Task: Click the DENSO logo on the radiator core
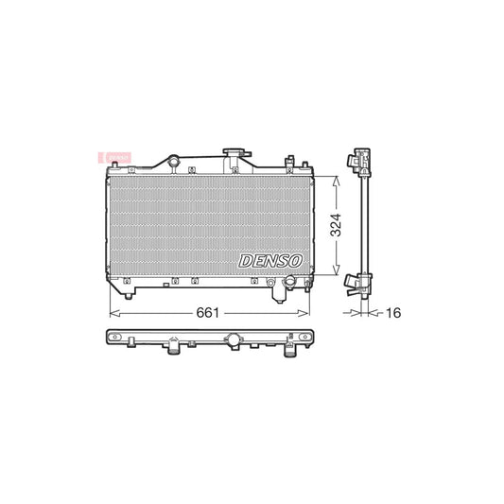click(x=270, y=259)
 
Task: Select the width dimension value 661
click(x=210, y=310)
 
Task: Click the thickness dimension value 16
click(x=391, y=311)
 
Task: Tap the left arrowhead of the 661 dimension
click(x=114, y=310)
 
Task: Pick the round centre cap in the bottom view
click(x=233, y=340)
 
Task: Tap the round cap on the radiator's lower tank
click(x=293, y=281)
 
